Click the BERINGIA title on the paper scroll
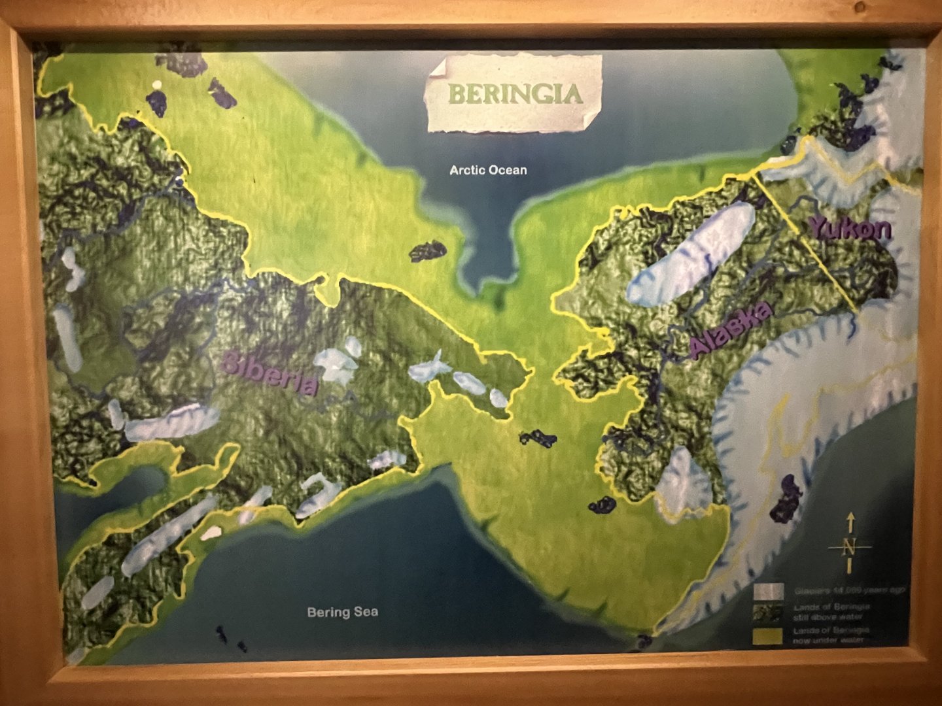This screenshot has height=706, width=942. click(x=515, y=93)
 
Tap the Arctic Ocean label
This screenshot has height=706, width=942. click(x=488, y=170)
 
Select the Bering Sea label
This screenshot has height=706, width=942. click(x=342, y=613)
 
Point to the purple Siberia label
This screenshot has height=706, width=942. click(x=270, y=373)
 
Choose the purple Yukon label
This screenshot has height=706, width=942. click(x=850, y=229)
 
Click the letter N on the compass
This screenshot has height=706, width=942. click(x=849, y=546)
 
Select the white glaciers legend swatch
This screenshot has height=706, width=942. click(x=768, y=592)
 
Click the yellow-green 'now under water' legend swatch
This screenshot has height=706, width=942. click(x=768, y=636)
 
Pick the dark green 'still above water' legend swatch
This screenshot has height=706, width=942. click(x=768, y=613)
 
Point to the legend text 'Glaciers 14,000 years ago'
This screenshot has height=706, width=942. click(x=850, y=591)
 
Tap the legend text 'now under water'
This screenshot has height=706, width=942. click(x=828, y=641)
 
